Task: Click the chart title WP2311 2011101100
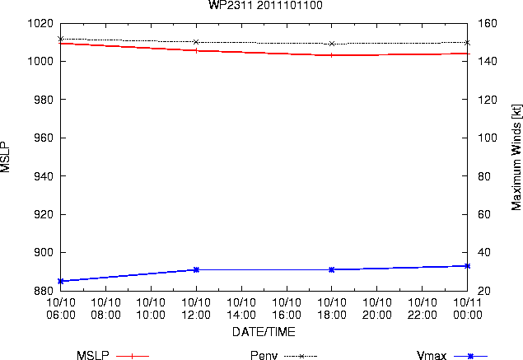pyautogui.click(x=265, y=5)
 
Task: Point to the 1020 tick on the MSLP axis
pyautogui.click(x=40, y=23)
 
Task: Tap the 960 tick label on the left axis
pyautogui.click(x=44, y=138)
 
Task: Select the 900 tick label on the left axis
pyautogui.click(x=44, y=252)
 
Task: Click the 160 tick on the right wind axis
pyautogui.click(x=488, y=23)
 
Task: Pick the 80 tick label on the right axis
pyautogui.click(x=484, y=176)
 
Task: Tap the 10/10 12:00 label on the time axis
pyautogui.click(x=196, y=309)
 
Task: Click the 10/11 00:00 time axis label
pyautogui.click(x=467, y=309)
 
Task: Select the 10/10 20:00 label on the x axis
pyautogui.click(x=377, y=309)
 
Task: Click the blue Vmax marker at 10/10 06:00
pyautogui.click(x=61, y=281)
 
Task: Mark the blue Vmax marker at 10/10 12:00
pyautogui.click(x=196, y=269)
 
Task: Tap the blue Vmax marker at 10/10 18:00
pyautogui.click(x=332, y=269)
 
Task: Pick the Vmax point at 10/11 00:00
pyautogui.click(x=467, y=266)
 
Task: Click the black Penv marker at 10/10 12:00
pyautogui.click(x=196, y=42)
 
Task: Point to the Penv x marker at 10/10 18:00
pyautogui.click(x=332, y=44)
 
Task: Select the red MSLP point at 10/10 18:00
pyautogui.click(x=332, y=55)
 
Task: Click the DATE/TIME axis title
pyautogui.click(x=264, y=332)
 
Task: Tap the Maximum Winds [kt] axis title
pyautogui.click(x=516, y=157)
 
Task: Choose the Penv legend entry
pyautogui.click(x=283, y=356)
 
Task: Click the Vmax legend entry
pyautogui.click(x=452, y=356)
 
